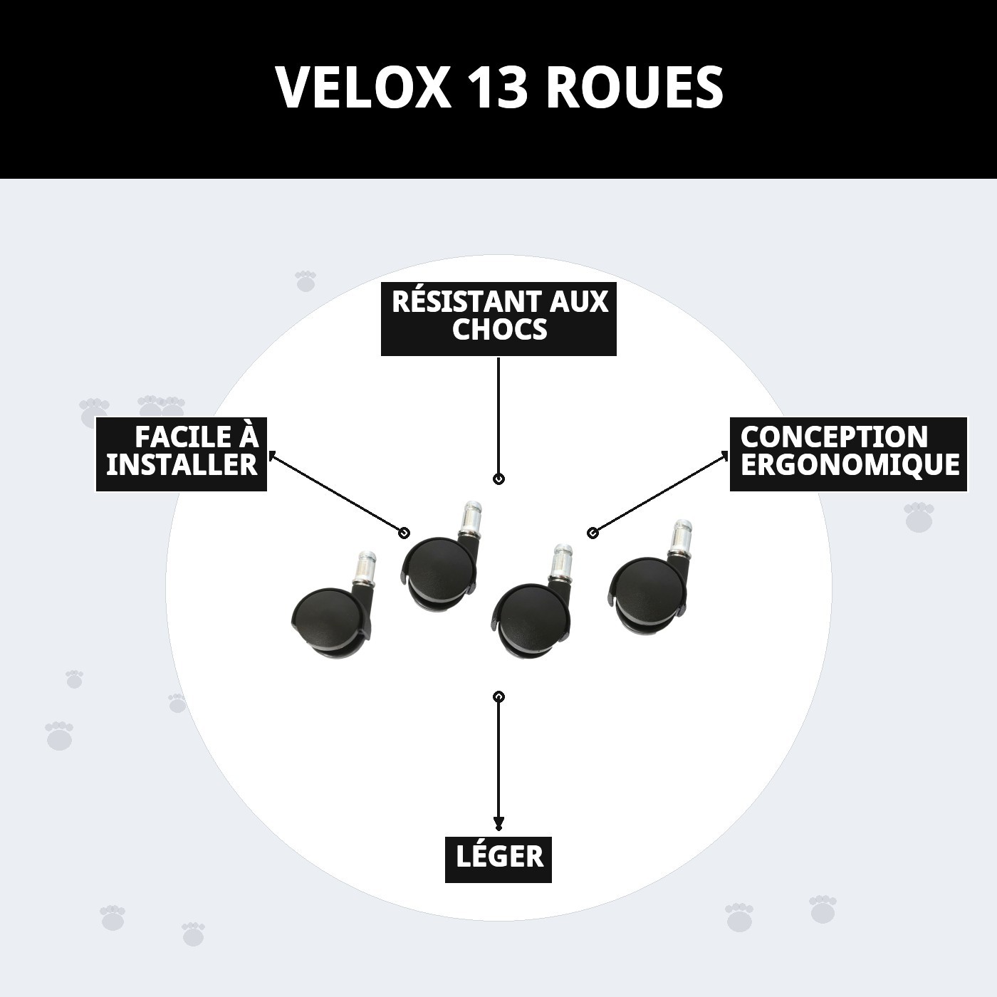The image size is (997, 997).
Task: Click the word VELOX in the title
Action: coord(363,88)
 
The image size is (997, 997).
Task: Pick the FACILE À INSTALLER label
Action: coord(182,453)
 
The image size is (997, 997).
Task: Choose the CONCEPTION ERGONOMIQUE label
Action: coord(848,453)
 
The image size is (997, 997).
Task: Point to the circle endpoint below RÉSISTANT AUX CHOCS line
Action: coord(499,479)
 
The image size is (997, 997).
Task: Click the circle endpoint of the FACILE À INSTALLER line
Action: coord(404,533)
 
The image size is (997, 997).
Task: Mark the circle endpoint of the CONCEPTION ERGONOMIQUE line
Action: coord(592,532)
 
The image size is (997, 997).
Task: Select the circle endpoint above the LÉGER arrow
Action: coord(499,696)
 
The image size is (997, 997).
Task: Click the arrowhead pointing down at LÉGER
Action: coord(499,825)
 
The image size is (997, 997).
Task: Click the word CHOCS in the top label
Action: coord(499,330)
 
